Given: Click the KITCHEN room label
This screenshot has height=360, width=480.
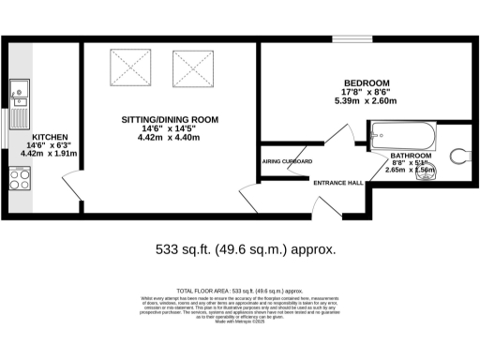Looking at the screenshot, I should (x=48, y=133).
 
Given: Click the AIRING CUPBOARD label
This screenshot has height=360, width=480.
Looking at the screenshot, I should (x=287, y=160).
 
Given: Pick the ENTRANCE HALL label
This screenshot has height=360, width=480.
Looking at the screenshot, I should (x=337, y=182).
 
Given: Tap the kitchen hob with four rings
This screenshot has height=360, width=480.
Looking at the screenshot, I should (x=20, y=178).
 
